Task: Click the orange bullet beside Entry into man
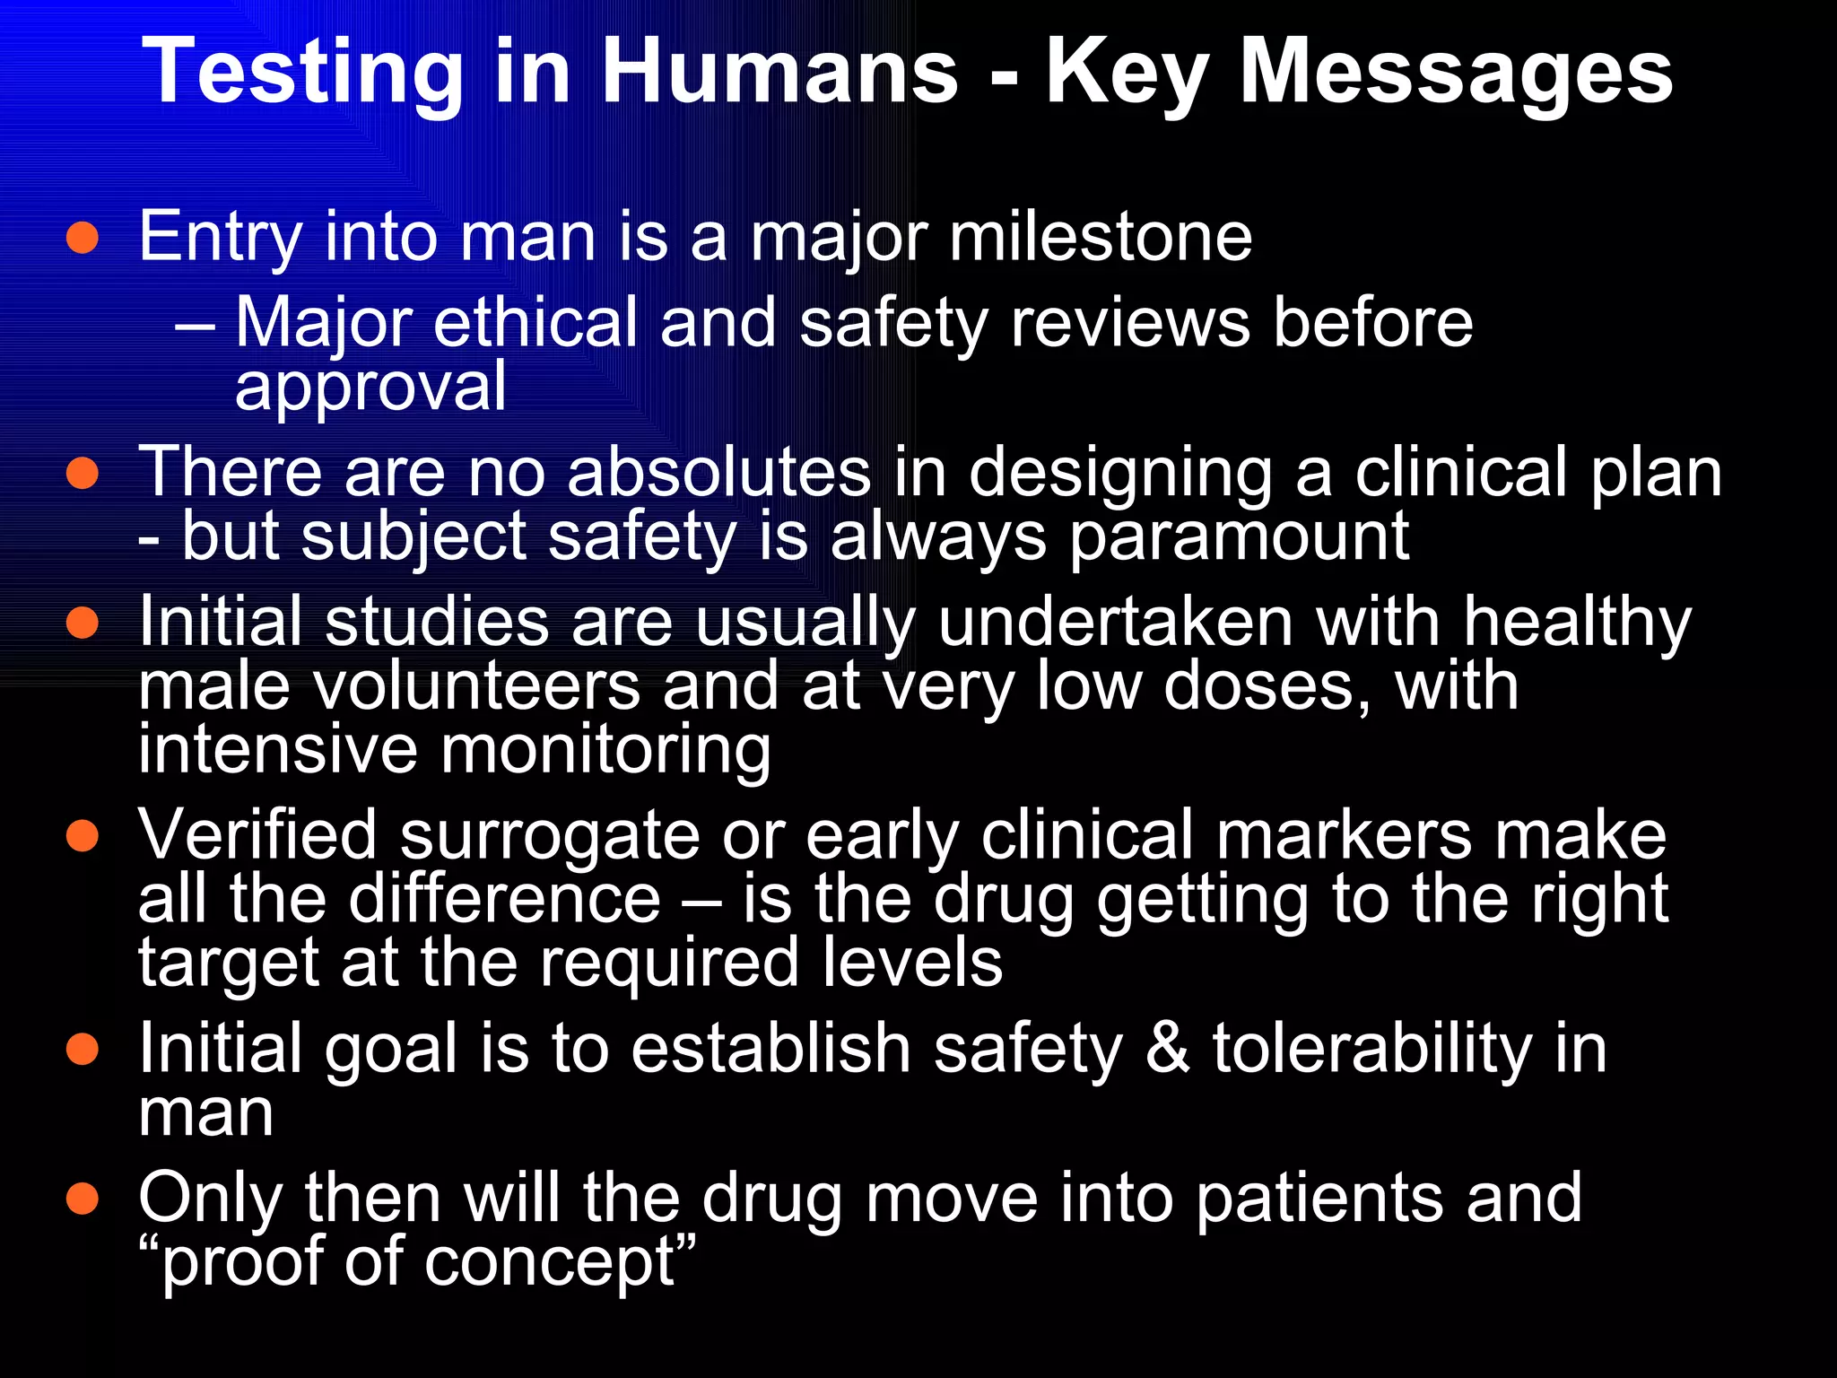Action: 83,238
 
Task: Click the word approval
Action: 370,388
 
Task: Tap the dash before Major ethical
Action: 196,325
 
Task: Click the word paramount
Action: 1239,536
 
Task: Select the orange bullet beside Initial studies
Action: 83,623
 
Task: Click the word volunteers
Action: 477,686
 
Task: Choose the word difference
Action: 504,900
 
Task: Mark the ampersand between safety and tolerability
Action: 1166,1049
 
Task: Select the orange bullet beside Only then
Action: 83,1199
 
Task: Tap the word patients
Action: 1319,1199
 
